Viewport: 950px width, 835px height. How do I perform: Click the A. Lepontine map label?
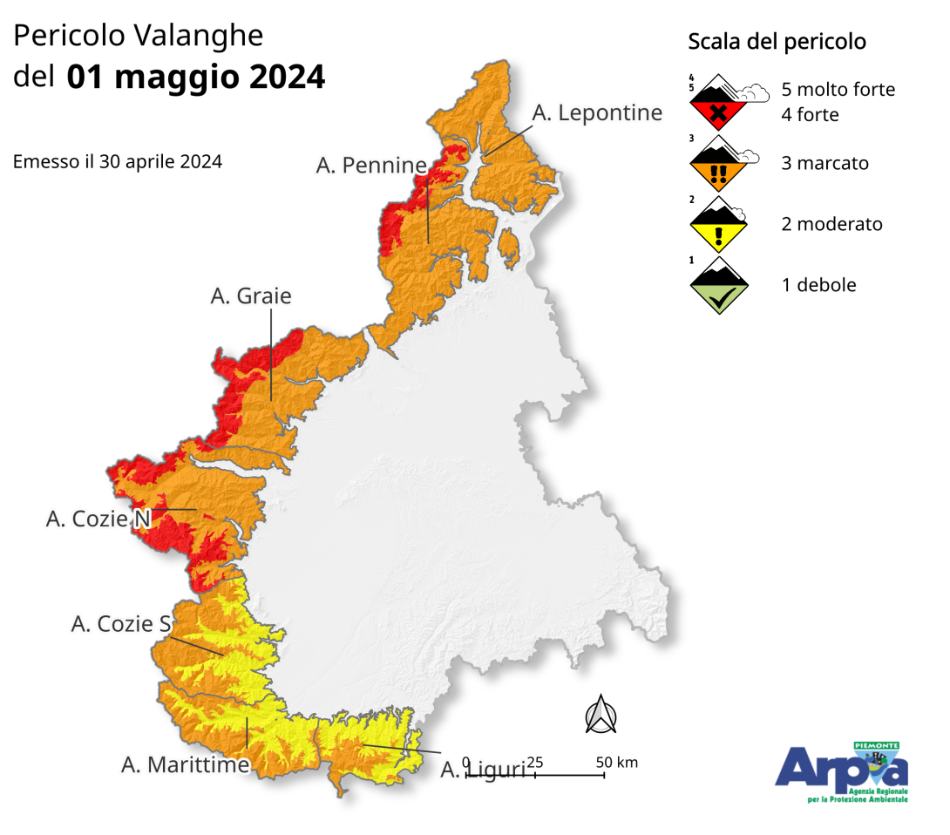pyautogui.click(x=597, y=112)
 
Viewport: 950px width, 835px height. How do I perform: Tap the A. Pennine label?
pyautogui.click(x=371, y=165)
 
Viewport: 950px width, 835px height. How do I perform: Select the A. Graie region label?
pyautogui.click(x=251, y=296)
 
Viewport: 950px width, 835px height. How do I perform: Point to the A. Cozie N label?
pyautogui.click(x=98, y=519)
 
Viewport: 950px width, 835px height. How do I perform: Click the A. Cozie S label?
pyautogui.click(x=121, y=624)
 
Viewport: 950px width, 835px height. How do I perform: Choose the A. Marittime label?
pyautogui.click(x=186, y=765)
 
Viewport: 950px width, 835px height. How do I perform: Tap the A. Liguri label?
pyautogui.click(x=482, y=771)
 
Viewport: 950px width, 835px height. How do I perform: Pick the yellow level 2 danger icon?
pyautogui.click(x=717, y=225)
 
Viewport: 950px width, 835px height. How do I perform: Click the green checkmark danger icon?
pyautogui.click(x=717, y=286)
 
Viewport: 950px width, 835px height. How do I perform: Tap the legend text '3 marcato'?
pyautogui.click(x=824, y=164)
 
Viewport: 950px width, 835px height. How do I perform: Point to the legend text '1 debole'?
pyautogui.click(x=818, y=285)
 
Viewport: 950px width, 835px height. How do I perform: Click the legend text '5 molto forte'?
pyautogui.click(x=838, y=90)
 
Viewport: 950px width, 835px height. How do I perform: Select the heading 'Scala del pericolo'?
pyautogui.click(x=777, y=42)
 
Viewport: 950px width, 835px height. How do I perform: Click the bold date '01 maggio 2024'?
pyautogui.click(x=195, y=77)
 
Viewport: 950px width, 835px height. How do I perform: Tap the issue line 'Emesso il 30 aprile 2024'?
pyautogui.click(x=118, y=162)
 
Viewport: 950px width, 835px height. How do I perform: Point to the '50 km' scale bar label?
pyautogui.click(x=617, y=763)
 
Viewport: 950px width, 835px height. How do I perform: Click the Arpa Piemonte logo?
pyautogui.click(x=841, y=772)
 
